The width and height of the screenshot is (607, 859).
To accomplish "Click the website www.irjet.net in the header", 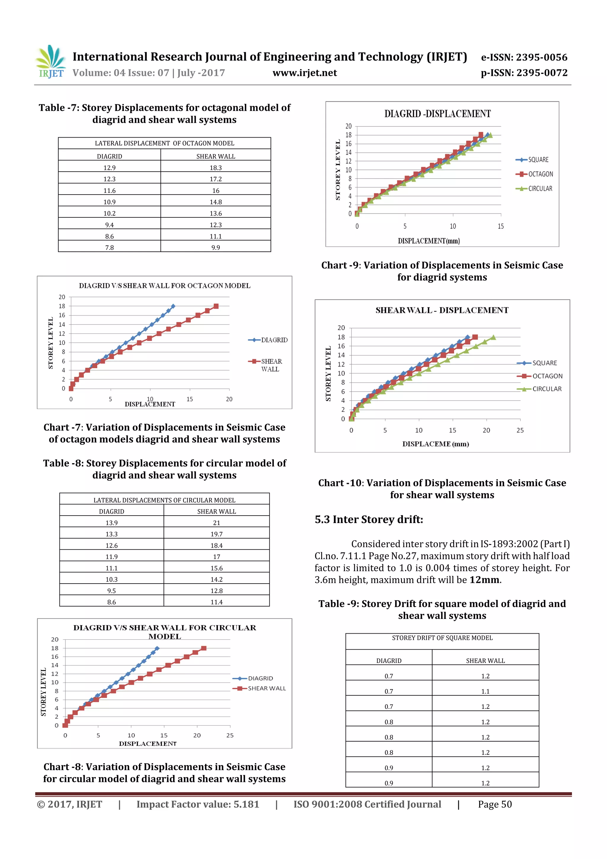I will point(304,73).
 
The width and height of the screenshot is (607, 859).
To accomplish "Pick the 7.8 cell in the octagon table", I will point(109,248).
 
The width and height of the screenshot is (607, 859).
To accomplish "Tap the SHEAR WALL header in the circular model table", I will point(217,511).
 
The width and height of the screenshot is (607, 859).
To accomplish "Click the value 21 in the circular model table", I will point(217,523).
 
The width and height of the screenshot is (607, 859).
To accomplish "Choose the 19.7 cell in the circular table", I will point(217,534).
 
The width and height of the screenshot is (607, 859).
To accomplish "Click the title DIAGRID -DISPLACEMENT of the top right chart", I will point(437,114).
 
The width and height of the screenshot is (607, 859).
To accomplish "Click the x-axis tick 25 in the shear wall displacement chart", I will point(520,431).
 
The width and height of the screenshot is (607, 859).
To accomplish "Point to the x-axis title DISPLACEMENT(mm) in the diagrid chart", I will point(429,241).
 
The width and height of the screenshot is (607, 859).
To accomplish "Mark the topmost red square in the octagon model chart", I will point(216,306).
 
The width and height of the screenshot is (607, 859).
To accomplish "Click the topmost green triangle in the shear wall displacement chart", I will point(493,337).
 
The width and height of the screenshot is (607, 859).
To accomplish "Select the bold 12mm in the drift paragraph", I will point(485,580).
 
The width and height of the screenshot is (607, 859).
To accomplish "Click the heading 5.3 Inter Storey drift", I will point(369,520).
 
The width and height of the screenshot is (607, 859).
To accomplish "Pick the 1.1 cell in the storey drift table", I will point(485,692).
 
